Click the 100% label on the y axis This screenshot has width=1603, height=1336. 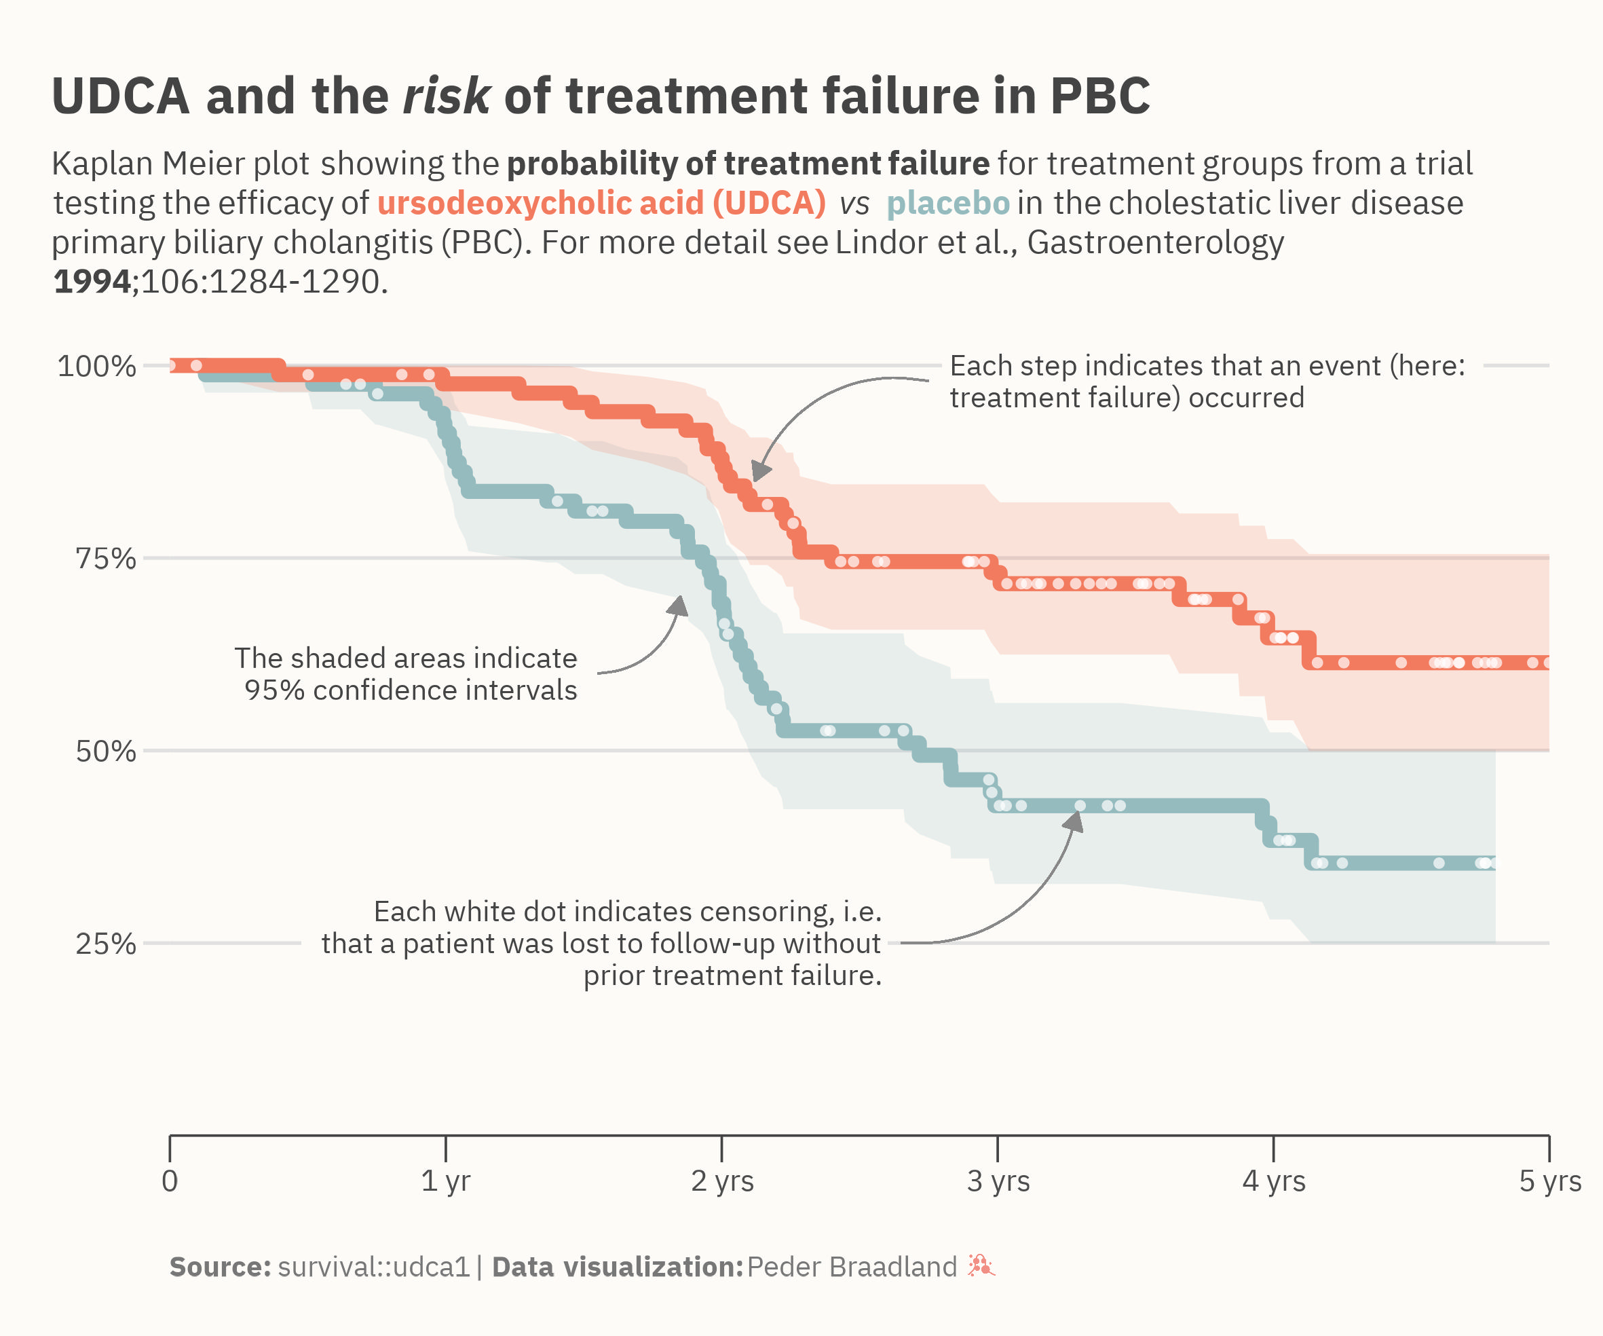coord(96,367)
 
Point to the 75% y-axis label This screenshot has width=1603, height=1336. coord(105,559)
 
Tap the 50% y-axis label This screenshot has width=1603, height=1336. coord(105,751)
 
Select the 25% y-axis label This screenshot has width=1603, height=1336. coord(105,944)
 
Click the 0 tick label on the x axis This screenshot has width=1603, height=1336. coord(170,1181)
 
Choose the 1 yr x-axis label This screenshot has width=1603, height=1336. coord(446,1181)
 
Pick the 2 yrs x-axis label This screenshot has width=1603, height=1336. coord(722,1181)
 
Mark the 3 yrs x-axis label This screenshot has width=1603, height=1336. coord(998,1181)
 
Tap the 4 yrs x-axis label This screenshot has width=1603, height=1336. coord(1274,1181)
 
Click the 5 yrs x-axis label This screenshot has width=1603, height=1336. coord(1549,1181)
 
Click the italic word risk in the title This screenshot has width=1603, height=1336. coord(446,96)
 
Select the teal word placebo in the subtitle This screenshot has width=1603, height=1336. coord(948,203)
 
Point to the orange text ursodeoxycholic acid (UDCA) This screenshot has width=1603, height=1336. coord(601,203)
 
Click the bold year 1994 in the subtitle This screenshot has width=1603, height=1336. coord(92,282)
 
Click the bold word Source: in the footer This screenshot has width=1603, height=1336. coord(220,1267)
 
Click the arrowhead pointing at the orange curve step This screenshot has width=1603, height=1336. coord(760,472)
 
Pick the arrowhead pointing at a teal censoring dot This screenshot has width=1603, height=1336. coord(1074,821)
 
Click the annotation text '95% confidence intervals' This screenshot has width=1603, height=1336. coord(411,690)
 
